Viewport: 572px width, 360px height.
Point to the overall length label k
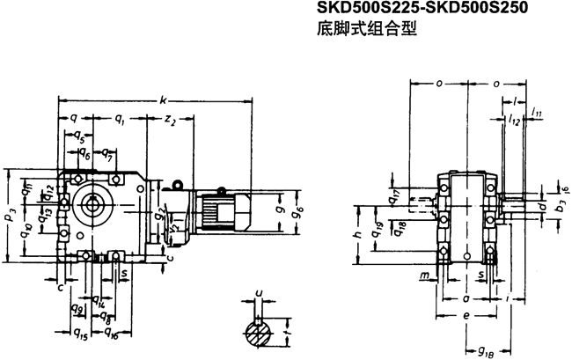163,101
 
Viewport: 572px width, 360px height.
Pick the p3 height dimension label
8,215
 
